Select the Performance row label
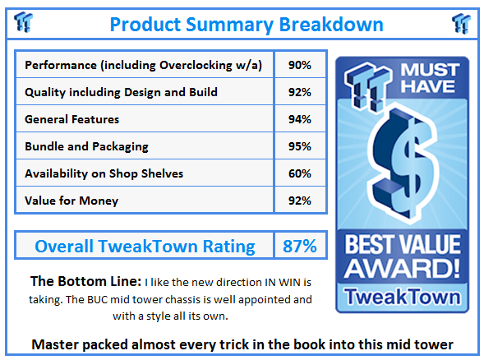[144, 65]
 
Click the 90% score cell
[299, 65]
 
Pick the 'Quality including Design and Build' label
[121, 92]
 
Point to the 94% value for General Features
[299, 119]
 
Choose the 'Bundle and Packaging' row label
[86, 146]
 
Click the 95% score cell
[299, 146]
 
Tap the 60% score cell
[299, 173]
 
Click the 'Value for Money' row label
[71, 201]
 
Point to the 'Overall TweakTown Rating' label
[144, 246]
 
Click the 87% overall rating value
[299, 246]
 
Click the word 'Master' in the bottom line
[58, 344]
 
